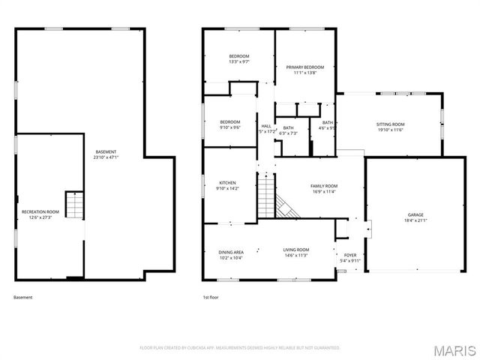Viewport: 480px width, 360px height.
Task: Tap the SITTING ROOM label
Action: click(390, 124)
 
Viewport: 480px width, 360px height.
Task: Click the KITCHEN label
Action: click(227, 183)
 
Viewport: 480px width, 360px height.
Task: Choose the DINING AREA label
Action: click(230, 252)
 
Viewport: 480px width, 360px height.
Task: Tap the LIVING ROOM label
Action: click(295, 250)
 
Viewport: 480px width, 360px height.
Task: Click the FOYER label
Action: click(350, 256)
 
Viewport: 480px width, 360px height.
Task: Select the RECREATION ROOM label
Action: click(40, 212)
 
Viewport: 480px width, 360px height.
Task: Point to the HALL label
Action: click(266, 126)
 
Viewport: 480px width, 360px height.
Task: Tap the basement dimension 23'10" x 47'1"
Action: click(105, 158)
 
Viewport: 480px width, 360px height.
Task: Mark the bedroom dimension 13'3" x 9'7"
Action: click(239, 62)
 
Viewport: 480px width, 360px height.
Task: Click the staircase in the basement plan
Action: click(73, 204)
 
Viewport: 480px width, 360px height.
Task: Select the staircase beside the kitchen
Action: click(268, 196)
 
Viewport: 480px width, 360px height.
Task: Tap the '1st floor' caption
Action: click(211, 297)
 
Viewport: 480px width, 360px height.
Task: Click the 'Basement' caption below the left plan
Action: click(23, 297)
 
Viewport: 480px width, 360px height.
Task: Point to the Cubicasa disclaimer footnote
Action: click(240, 348)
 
